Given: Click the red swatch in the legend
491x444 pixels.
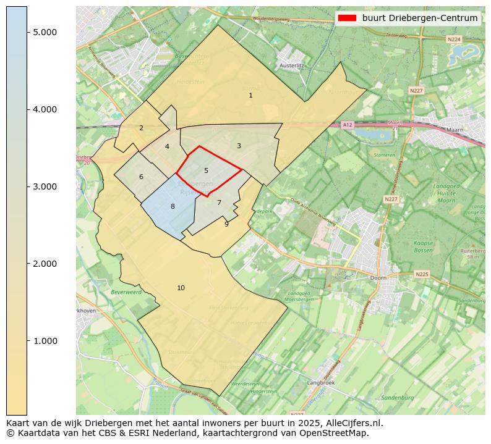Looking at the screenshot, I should click(x=346, y=18).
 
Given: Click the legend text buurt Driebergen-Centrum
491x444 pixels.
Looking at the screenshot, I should click(x=420, y=18).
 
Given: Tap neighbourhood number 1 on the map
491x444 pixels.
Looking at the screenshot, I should click(x=250, y=96).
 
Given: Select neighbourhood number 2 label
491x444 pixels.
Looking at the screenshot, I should click(x=141, y=128).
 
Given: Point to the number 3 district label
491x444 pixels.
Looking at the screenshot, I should click(x=239, y=146).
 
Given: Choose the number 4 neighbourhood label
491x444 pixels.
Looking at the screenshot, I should click(x=167, y=147).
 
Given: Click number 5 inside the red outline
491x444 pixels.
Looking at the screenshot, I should click(x=206, y=171).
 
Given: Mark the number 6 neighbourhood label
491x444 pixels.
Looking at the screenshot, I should click(x=141, y=177).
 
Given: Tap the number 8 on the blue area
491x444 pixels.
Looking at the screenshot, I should click(x=173, y=207).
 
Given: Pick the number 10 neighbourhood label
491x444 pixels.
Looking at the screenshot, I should click(x=181, y=288).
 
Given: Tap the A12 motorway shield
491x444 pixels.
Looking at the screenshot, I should click(x=348, y=125).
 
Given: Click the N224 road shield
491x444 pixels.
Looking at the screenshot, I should click(x=455, y=39).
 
